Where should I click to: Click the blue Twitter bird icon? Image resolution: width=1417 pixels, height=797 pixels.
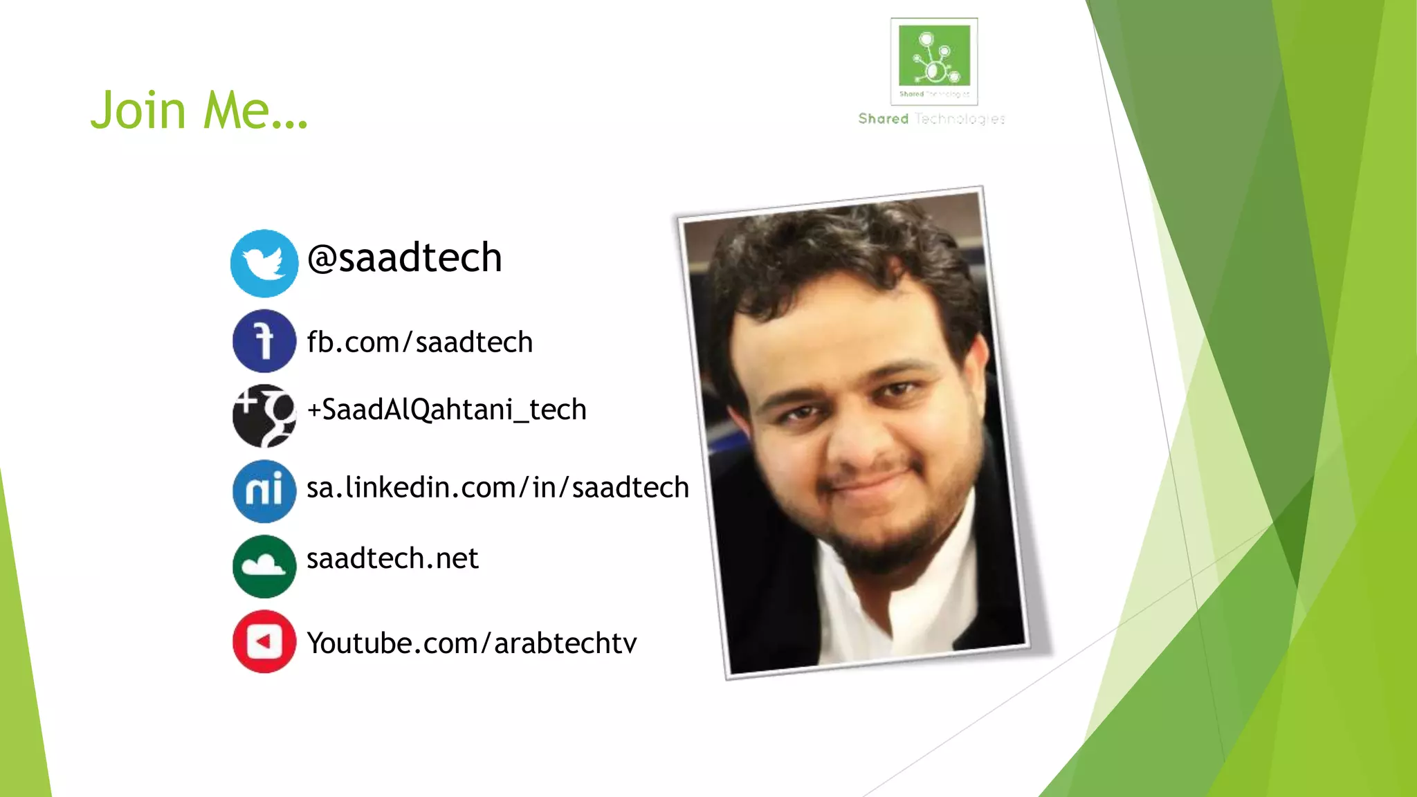(x=264, y=264)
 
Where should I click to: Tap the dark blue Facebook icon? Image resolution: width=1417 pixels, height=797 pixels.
(x=264, y=341)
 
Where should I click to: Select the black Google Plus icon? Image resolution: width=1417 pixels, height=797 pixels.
(x=264, y=416)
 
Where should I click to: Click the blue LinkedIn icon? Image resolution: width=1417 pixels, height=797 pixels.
(x=264, y=491)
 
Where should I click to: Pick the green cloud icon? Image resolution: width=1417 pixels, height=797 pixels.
(x=264, y=566)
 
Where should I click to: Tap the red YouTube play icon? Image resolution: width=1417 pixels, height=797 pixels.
(x=264, y=641)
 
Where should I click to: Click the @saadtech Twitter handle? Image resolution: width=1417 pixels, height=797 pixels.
(x=405, y=258)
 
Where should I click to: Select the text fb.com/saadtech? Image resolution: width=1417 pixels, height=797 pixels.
(x=419, y=342)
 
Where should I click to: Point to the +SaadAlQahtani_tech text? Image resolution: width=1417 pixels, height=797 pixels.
(x=446, y=410)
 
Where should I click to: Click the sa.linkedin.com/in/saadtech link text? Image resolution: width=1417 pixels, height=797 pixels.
(x=497, y=488)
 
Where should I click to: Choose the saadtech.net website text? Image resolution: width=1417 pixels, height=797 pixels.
(x=392, y=558)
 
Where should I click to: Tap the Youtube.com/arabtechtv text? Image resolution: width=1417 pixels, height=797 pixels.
(x=471, y=643)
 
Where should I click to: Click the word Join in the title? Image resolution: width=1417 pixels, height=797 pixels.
(x=138, y=110)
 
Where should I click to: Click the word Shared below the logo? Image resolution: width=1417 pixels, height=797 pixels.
(x=884, y=119)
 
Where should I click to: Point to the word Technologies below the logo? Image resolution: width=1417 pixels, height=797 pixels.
(x=960, y=119)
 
